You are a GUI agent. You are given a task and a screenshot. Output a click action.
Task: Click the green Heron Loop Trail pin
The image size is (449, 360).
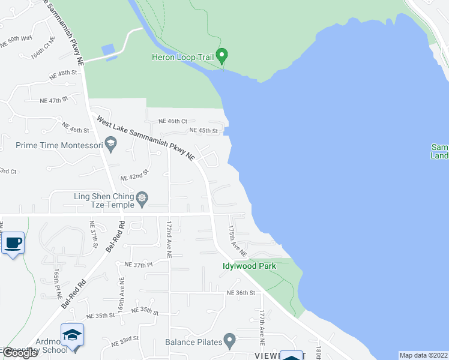coord(222,56)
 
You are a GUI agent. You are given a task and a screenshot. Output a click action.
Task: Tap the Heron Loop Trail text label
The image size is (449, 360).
coord(182,58)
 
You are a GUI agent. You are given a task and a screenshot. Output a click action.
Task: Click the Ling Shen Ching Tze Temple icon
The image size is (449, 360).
coord(142,197)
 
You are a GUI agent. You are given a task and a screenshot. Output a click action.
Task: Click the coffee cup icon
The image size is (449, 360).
coord(13,244)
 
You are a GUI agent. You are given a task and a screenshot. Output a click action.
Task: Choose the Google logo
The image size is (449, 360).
coord(20,353)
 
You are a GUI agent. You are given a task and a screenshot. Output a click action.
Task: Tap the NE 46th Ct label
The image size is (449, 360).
coord(173,121)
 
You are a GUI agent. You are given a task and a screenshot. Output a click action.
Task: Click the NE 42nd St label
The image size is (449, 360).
coord(134,178)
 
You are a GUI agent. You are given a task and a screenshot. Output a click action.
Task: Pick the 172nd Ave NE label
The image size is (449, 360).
coord(170,239)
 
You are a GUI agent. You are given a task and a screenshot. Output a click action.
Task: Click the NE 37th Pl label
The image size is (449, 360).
coord(139,264)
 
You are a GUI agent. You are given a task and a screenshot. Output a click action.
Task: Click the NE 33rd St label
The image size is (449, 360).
coord(125,340)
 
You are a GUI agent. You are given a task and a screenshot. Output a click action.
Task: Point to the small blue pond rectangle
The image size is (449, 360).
coord(109,51)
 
